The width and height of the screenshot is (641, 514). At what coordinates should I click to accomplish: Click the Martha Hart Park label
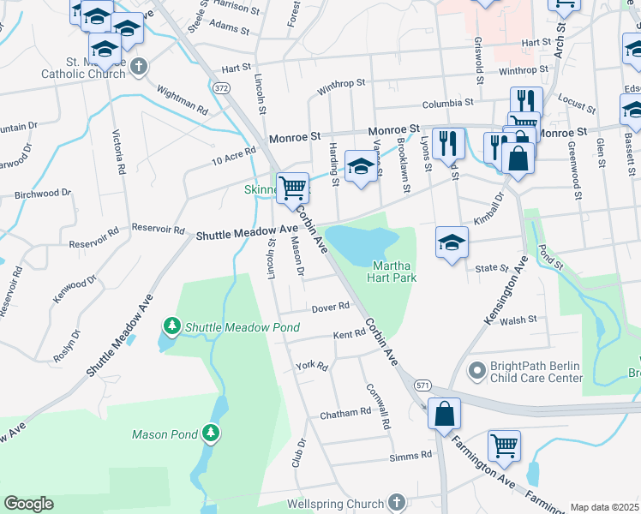(392, 272)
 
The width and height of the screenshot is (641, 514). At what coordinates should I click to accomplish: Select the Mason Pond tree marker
(210, 433)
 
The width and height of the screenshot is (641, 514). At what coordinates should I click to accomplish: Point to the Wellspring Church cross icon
(395, 501)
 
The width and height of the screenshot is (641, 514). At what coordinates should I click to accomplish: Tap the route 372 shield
(222, 88)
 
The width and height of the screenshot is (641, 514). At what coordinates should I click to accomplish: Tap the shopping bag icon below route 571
(444, 413)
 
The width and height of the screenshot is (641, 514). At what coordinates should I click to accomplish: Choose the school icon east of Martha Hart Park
(452, 242)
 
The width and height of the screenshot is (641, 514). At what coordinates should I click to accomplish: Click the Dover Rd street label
(330, 307)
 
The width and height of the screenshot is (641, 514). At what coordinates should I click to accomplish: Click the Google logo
(28, 504)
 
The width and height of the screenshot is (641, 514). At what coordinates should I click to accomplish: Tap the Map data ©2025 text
(604, 507)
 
